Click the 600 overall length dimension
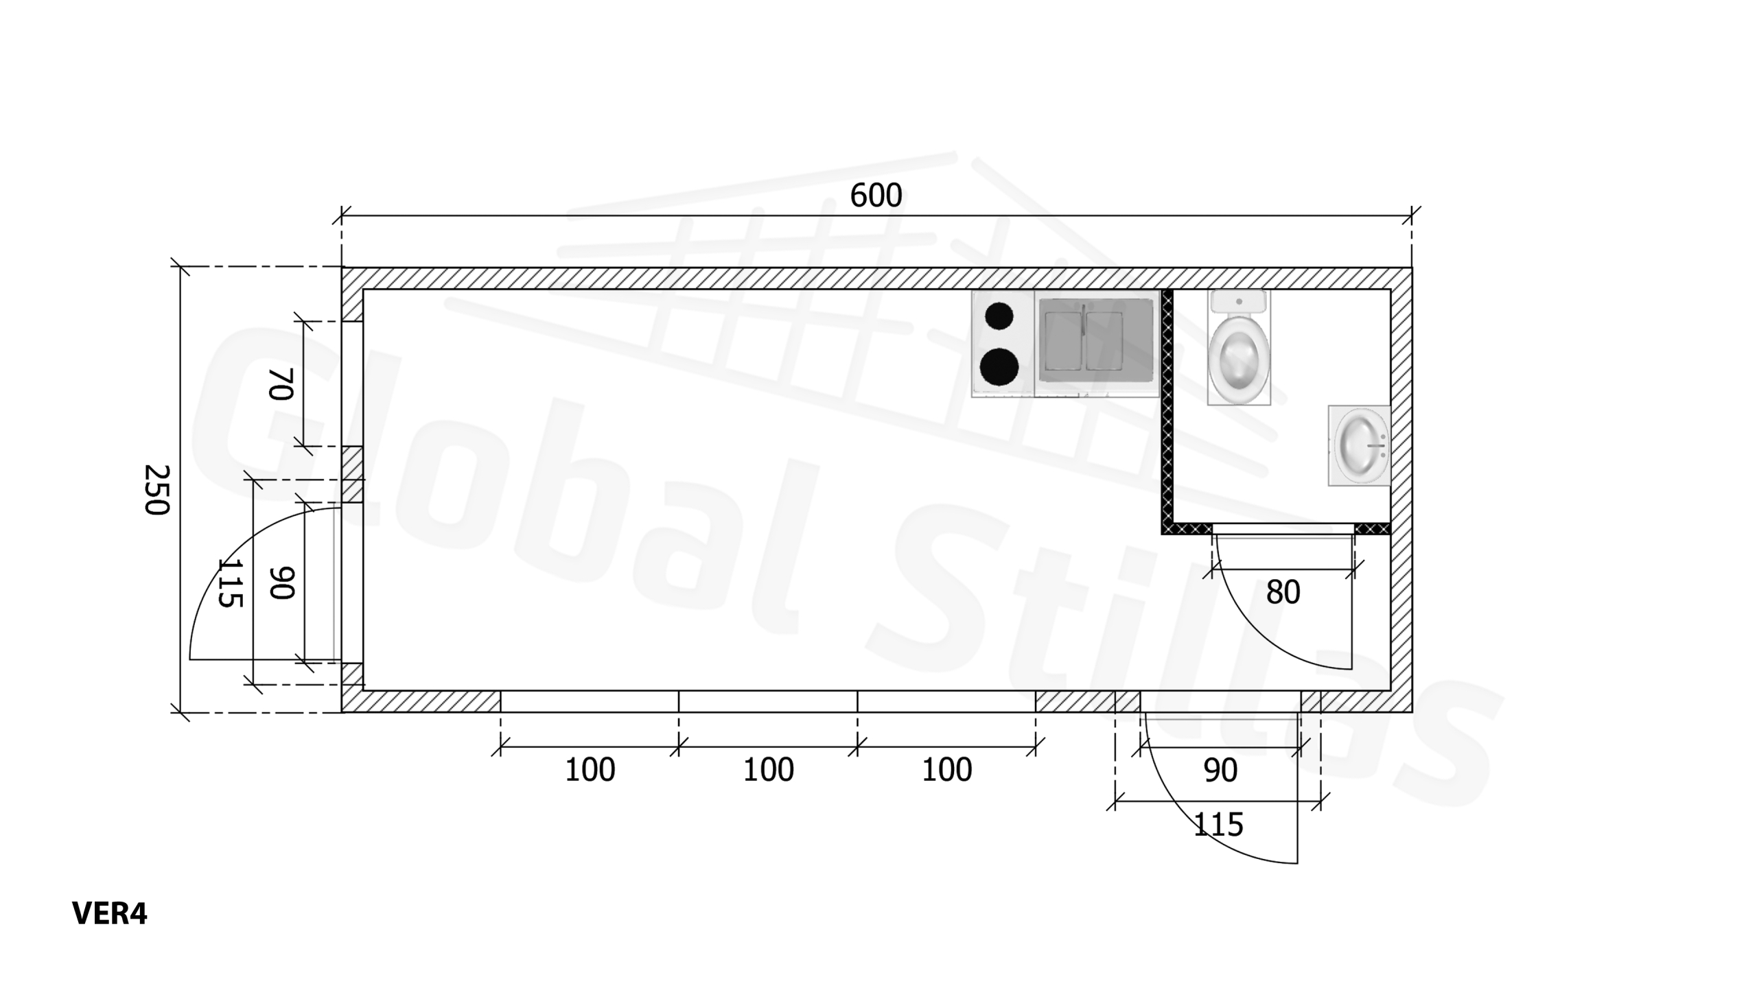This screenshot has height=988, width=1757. [x=876, y=196]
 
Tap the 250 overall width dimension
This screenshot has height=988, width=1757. [x=156, y=489]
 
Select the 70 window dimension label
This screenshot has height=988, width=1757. [x=281, y=384]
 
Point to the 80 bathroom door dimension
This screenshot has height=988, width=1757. [x=1283, y=592]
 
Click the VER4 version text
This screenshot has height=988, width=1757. [x=109, y=913]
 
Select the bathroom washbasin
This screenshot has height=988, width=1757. [x=1360, y=446]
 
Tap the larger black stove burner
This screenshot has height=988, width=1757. [x=999, y=367]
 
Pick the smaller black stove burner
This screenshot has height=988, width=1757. [x=999, y=316]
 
